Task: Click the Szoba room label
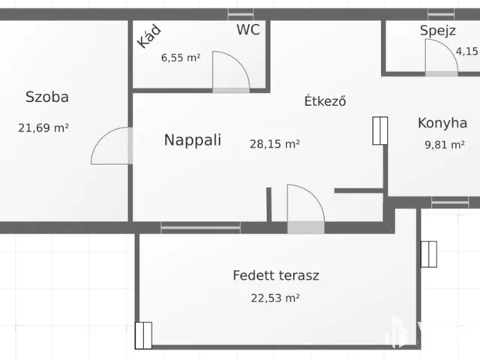47,97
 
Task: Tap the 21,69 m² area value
43,127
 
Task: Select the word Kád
148,37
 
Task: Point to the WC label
248,30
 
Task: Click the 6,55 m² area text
181,57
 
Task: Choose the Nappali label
192,139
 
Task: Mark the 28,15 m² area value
275,144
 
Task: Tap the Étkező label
325,101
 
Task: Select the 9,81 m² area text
445,145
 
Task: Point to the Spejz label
438,31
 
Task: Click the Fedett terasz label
275,275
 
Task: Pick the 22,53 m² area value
275,298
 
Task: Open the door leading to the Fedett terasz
305,206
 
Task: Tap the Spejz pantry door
440,57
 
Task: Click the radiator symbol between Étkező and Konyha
379,130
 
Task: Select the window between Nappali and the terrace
201,226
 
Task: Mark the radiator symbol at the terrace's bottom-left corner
143,335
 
